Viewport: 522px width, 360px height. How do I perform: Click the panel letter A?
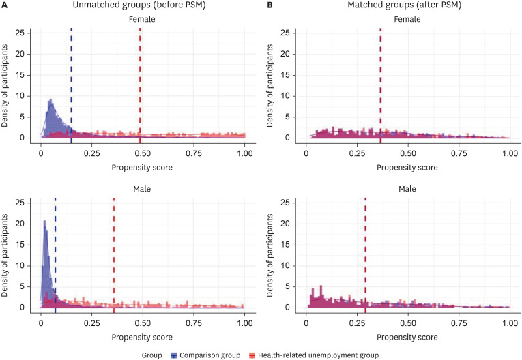(5, 5)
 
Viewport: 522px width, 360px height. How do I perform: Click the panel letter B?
(269, 5)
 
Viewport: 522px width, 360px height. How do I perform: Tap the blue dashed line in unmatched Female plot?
(71, 82)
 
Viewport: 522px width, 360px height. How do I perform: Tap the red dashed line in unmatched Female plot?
(140, 82)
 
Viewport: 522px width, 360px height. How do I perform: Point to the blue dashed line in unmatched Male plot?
(55, 252)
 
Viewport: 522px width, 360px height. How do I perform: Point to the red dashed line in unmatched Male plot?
(113, 252)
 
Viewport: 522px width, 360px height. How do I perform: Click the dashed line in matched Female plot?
(381, 82)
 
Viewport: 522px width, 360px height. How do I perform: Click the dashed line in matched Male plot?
(365, 252)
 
